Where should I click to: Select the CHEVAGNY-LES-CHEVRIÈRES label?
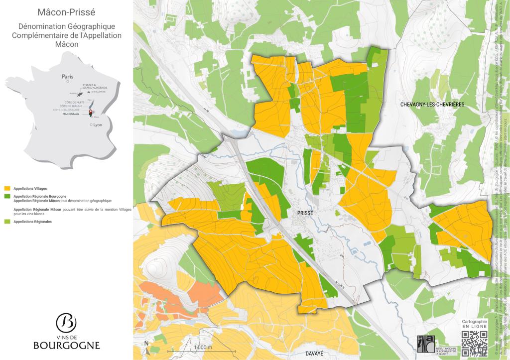click(432, 105)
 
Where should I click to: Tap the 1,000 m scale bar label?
click(203, 347)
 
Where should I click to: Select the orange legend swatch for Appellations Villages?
click(7, 189)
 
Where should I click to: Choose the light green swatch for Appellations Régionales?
click(7, 221)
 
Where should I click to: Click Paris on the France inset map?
click(67, 77)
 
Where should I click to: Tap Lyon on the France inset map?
click(97, 125)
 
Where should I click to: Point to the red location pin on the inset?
click(91, 113)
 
